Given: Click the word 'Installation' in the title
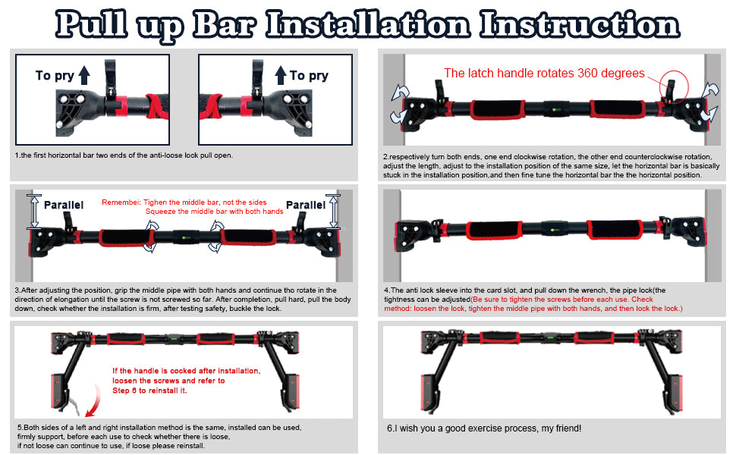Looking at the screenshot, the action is (x=368, y=24).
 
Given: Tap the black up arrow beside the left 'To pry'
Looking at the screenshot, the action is (x=84, y=75).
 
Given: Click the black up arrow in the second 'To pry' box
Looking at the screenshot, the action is (x=281, y=75).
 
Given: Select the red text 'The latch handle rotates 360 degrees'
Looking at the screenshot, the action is (x=544, y=73).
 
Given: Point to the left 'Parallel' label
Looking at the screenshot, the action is (x=64, y=205).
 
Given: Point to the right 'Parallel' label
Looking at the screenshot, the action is (x=306, y=205).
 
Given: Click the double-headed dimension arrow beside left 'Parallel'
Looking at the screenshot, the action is (x=34, y=212).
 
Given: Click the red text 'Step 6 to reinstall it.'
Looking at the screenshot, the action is (x=149, y=391).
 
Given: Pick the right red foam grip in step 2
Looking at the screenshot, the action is (x=618, y=110).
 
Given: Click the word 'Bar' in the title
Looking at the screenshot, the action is (x=225, y=24).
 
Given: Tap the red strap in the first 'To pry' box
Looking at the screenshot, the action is (x=158, y=106).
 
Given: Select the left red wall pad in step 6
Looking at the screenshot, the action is (x=427, y=391).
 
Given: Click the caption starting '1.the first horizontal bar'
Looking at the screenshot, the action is (x=124, y=155).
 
